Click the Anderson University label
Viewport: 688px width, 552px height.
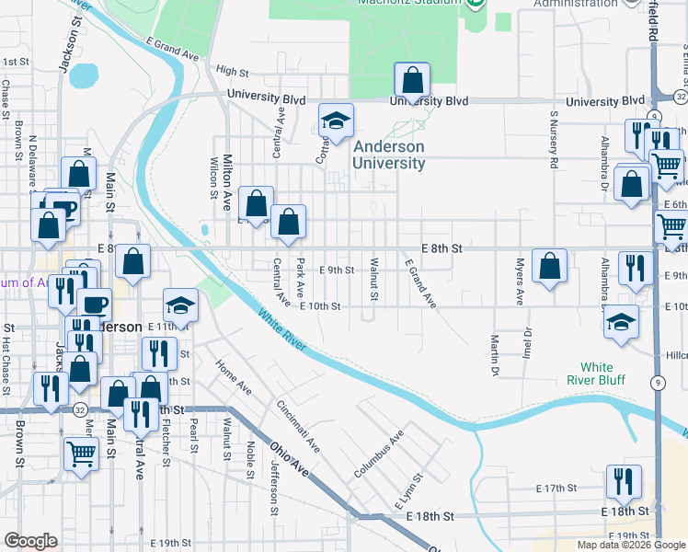tap(390, 155)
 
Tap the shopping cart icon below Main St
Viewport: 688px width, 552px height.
tap(81, 454)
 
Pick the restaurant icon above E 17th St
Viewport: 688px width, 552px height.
tap(624, 481)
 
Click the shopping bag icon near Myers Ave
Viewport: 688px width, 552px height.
tap(549, 267)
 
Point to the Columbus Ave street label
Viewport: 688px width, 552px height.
tap(379, 454)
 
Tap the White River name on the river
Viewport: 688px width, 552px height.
tap(282, 333)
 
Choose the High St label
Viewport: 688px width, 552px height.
tap(232, 71)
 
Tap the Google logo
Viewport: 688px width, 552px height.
tap(30, 541)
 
